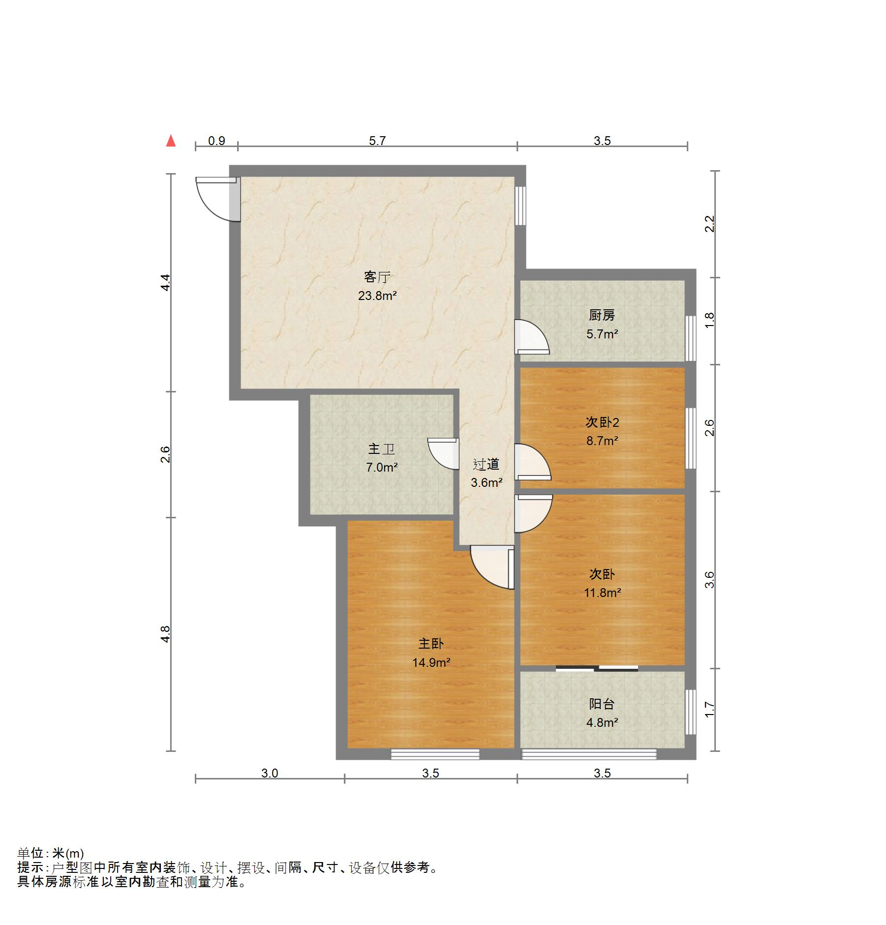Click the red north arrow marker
[x=171, y=141]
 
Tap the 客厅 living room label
[x=377, y=277]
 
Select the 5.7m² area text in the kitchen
[x=602, y=334]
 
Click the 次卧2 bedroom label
[x=602, y=422]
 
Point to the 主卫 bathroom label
[x=381, y=449]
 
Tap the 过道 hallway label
[x=486, y=464]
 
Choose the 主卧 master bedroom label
[x=431, y=644]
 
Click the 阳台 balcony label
[x=602, y=704]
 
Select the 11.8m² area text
[x=602, y=593]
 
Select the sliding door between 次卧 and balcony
[x=597, y=668]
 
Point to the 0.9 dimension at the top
[x=216, y=141]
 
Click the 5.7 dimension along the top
[x=377, y=141]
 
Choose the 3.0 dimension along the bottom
[x=270, y=774]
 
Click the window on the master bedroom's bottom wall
[x=435, y=754]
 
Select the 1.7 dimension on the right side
[x=709, y=710]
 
